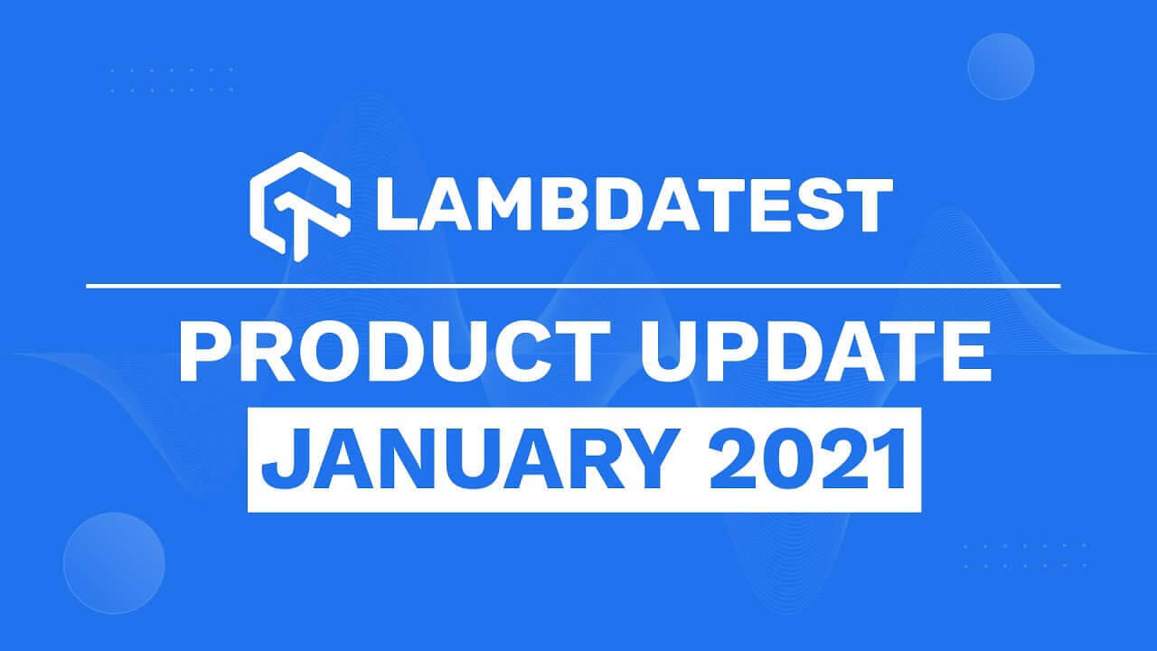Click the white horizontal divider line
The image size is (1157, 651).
[x=573, y=287]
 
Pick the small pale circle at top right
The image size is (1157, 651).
[x=1001, y=66]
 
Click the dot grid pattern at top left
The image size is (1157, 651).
[x=172, y=80]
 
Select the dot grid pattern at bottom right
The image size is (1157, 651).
[x=1025, y=555]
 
